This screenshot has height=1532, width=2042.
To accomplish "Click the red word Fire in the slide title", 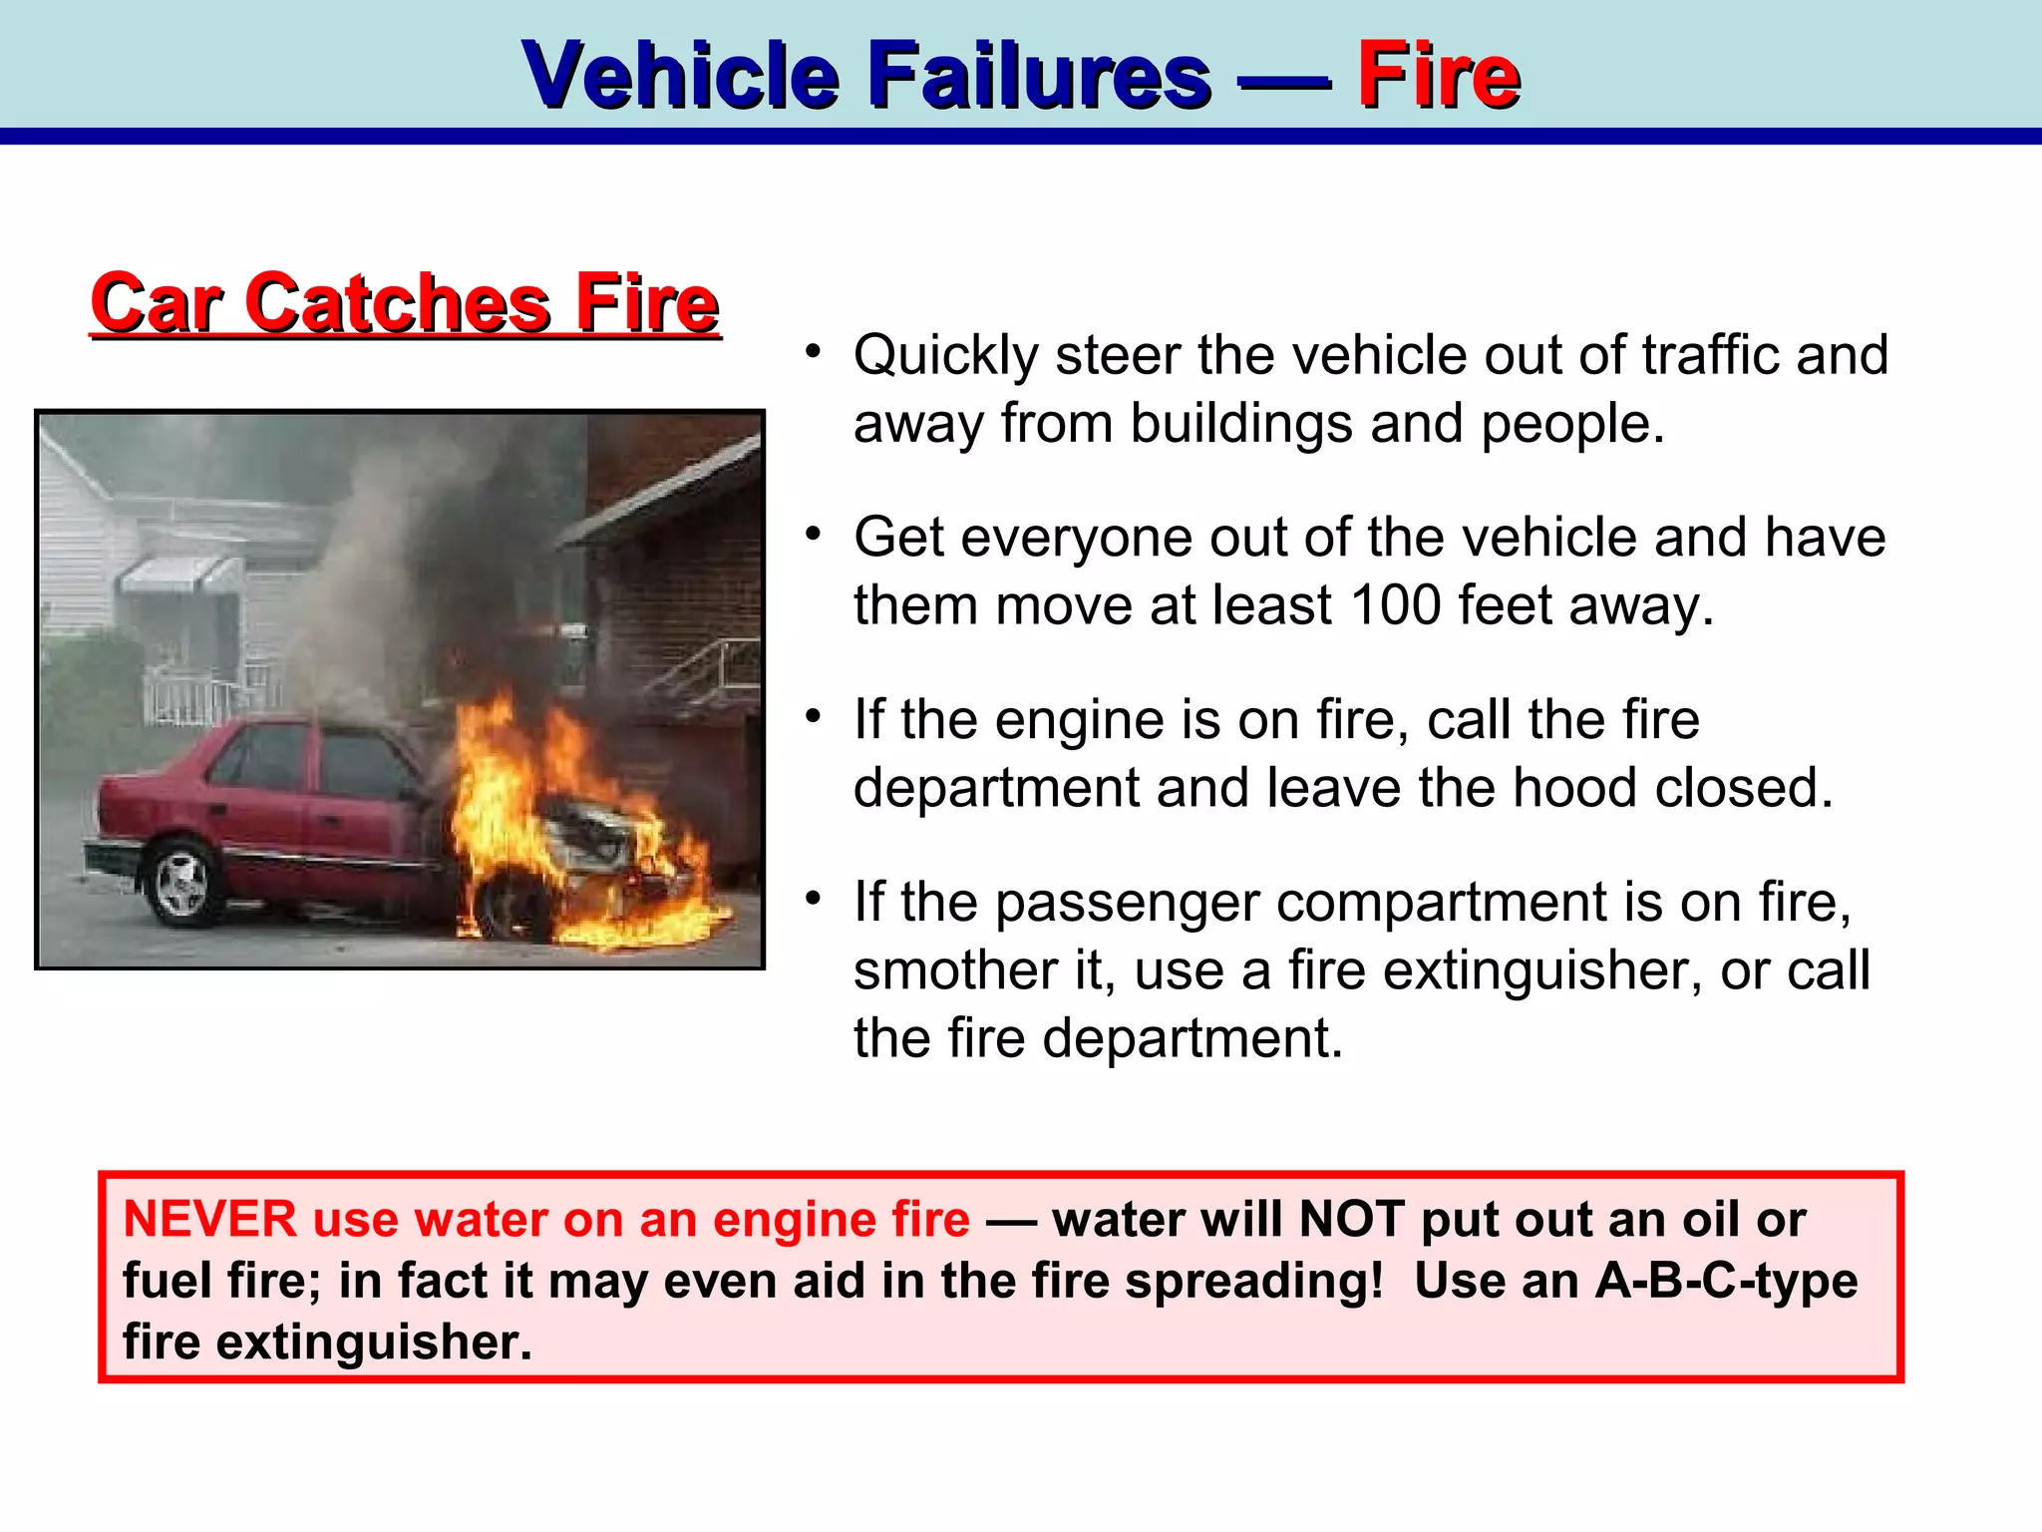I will (x=1438, y=75).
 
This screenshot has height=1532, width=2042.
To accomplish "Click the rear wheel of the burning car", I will (x=181, y=883).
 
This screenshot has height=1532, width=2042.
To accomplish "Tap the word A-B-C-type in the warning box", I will (x=1726, y=1281).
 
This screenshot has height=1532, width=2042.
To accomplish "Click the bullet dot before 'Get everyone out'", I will (x=814, y=535).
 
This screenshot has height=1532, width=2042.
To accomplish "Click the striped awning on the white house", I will (x=179, y=575).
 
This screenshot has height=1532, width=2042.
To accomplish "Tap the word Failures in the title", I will (x=1040, y=75).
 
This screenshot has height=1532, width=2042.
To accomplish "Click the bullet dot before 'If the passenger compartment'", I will (x=814, y=899).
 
